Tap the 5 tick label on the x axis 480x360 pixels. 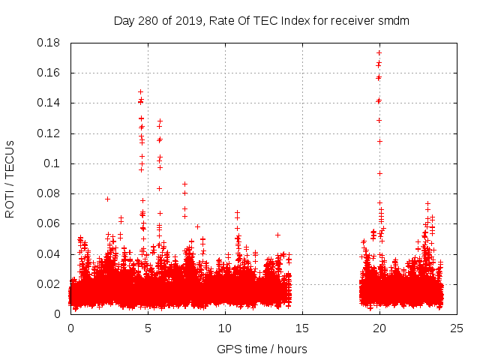(x=148, y=328)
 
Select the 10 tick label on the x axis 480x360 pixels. (x=225, y=328)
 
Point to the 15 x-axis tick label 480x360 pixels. (x=302, y=328)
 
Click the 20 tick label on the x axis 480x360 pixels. (x=379, y=328)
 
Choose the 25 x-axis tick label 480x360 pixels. (x=457, y=328)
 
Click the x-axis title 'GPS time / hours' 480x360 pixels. (x=262, y=349)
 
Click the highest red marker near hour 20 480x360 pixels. (x=379, y=52)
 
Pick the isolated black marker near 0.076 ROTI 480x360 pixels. (x=107, y=199)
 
